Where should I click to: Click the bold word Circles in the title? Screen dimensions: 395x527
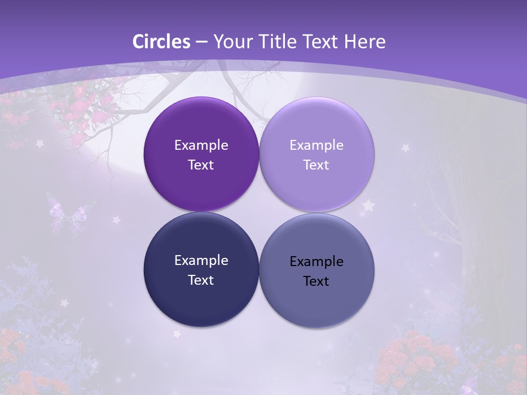click(x=161, y=42)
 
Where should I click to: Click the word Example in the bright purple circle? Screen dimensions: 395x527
click(x=201, y=145)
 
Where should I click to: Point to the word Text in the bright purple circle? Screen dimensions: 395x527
click(x=201, y=165)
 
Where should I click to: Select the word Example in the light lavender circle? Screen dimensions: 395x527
click(x=316, y=145)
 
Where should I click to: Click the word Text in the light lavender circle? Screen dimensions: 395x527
click(x=316, y=165)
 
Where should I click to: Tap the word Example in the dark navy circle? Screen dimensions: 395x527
click(x=201, y=261)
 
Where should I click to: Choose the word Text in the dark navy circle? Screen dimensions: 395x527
click(x=201, y=280)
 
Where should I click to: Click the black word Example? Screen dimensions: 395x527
click(x=316, y=262)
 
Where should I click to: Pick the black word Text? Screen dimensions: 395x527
click(x=316, y=281)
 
